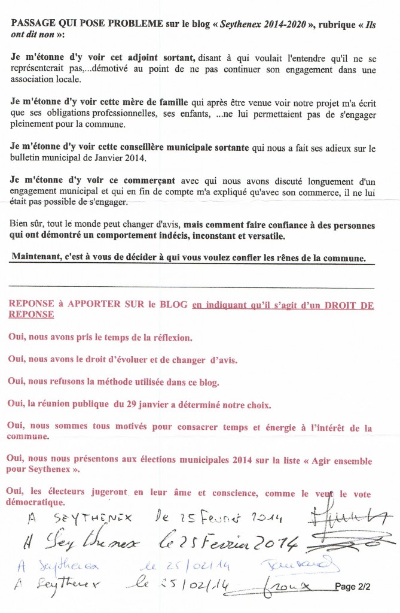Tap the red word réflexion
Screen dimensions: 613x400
pyautogui.click(x=172, y=337)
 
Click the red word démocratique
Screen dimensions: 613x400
pyautogui.click(x=38, y=502)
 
